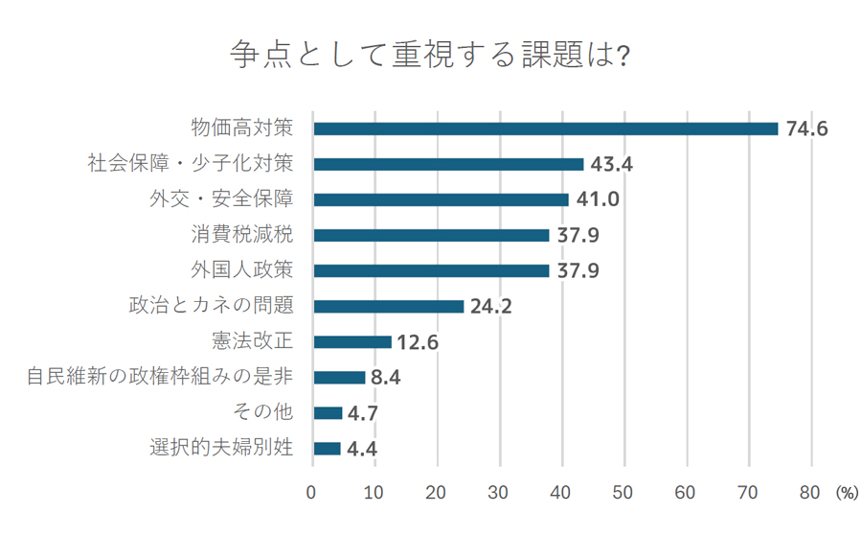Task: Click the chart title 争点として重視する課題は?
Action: (430, 55)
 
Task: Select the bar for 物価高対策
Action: (545, 128)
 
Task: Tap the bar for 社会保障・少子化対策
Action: (448, 164)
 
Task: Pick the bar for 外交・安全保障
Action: (441, 199)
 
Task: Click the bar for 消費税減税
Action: (431, 235)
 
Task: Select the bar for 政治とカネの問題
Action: (388, 306)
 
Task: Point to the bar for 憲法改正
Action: (352, 341)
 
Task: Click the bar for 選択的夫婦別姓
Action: (327, 448)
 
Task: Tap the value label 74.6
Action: (806, 129)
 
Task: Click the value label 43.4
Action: (612, 164)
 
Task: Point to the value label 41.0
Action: (597, 199)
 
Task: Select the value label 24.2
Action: (492, 307)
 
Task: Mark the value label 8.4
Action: (385, 378)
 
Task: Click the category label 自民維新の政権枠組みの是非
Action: (160, 377)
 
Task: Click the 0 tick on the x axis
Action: (312, 493)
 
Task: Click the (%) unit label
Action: (847, 494)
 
